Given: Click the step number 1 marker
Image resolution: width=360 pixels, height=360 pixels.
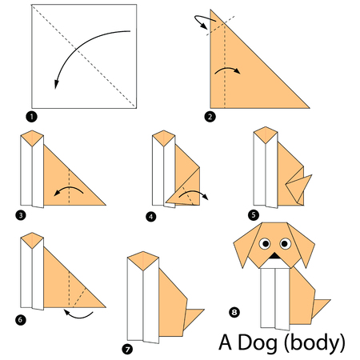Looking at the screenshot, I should (33, 117).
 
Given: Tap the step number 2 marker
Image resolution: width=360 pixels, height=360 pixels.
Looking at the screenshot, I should (210, 117).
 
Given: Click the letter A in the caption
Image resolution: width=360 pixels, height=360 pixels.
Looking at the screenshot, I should (226, 342).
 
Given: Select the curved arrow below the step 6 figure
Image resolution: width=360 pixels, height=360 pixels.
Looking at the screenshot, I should (78, 315).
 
